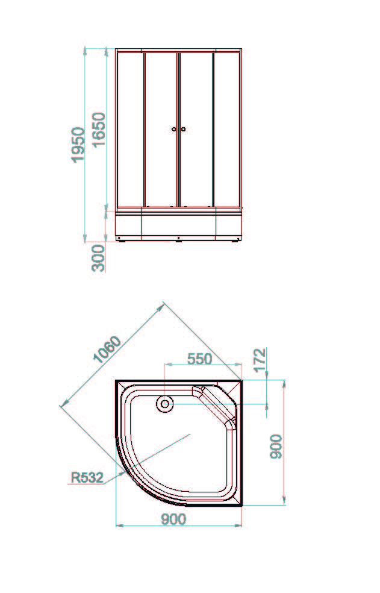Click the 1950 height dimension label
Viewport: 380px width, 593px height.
(x=78, y=145)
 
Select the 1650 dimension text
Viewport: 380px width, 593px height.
(x=99, y=130)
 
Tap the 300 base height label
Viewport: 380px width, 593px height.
(x=98, y=258)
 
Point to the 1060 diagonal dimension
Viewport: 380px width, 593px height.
(x=107, y=349)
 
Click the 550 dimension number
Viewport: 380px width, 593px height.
(x=200, y=359)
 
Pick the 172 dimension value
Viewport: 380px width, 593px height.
(x=260, y=360)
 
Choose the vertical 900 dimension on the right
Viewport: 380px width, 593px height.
(x=276, y=447)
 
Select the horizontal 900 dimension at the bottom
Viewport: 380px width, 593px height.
(x=174, y=519)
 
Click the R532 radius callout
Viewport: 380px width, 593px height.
(x=87, y=477)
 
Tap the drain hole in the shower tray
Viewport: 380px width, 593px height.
(x=165, y=404)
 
